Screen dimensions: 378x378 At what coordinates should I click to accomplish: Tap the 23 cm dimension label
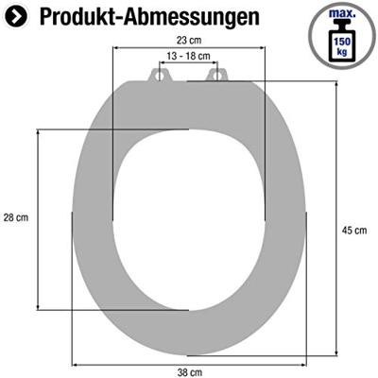click(x=189, y=41)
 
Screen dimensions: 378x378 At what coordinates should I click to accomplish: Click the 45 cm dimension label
click(x=354, y=231)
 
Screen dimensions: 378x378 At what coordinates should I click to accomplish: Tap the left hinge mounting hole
click(x=158, y=74)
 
